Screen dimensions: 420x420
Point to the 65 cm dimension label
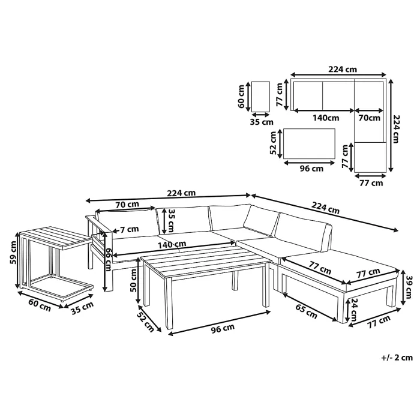point(305,294)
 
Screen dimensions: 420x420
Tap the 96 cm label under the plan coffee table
point(311,169)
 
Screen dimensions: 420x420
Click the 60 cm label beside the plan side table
point(242,96)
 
